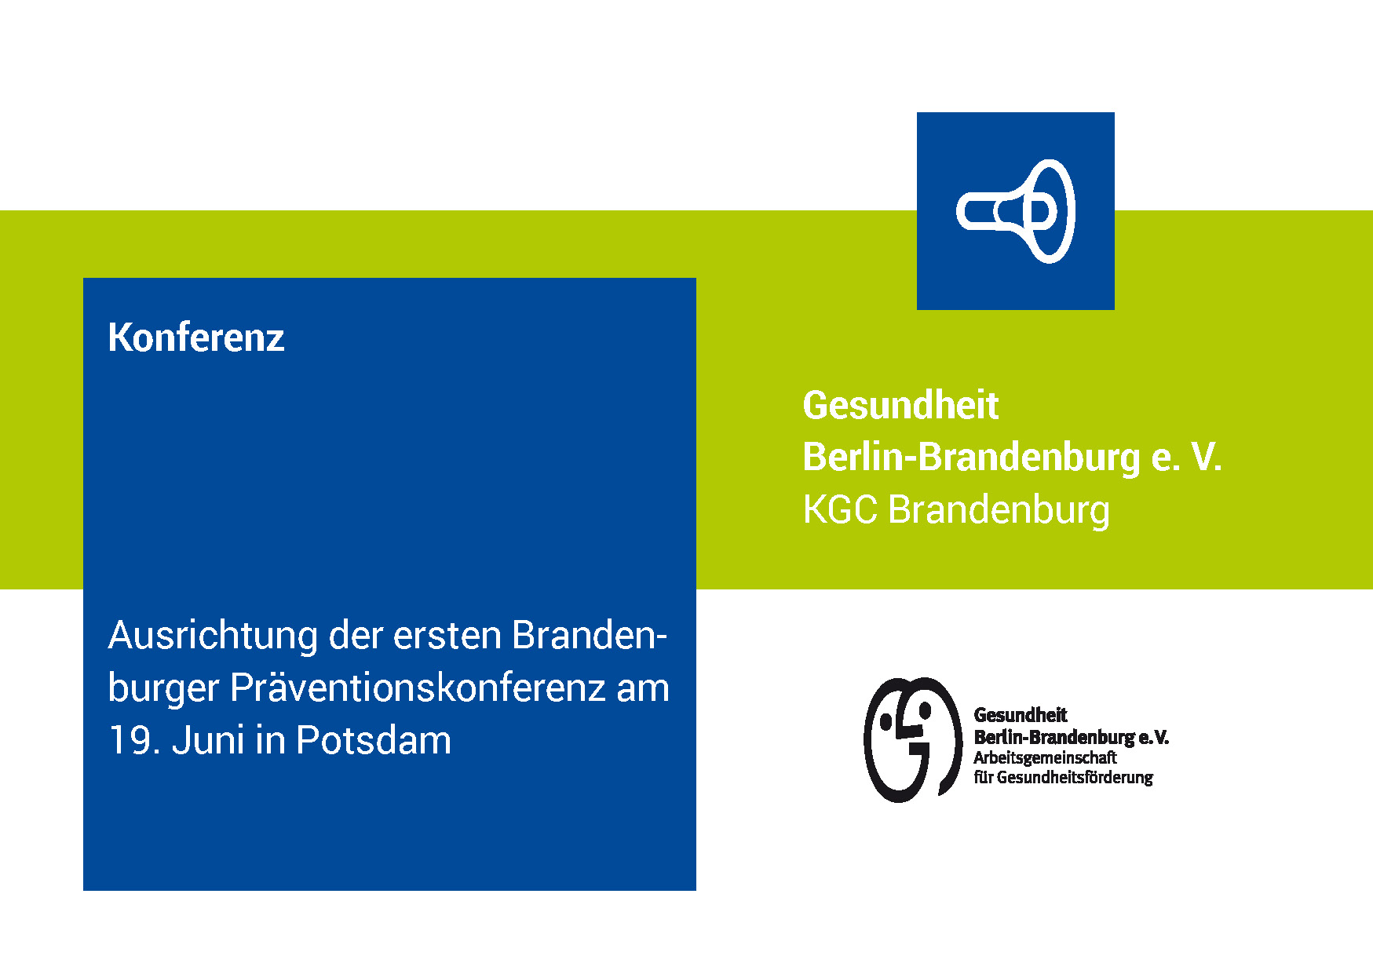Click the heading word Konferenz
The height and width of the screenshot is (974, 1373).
(x=196, y=337)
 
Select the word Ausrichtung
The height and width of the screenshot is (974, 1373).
(x=213, y=637)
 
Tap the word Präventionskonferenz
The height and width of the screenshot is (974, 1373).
(x=418, y=688)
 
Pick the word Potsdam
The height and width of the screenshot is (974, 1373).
(x=374, y=740)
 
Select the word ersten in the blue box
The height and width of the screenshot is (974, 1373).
(x=447, y=637)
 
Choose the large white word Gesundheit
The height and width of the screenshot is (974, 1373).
(x=900, y=406)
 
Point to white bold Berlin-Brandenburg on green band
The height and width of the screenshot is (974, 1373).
(x=972, y=458)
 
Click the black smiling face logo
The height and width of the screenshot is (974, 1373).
(x=913, y=739)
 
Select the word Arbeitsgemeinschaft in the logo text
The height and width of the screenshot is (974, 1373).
(x=1045, y=758)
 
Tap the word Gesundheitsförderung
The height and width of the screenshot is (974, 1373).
(x=1075, y=778)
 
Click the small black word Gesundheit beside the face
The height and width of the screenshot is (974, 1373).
(x=1021, y=715)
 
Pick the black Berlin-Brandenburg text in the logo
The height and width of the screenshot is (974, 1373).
(x=1054, y=737)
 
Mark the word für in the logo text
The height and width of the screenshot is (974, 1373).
(x=983, y=777)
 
